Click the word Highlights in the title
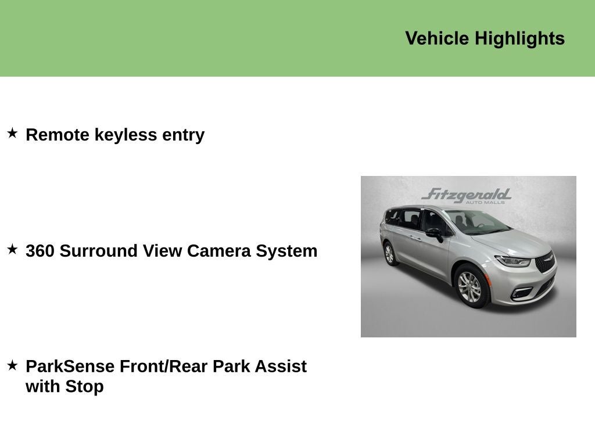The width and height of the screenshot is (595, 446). [519, 39]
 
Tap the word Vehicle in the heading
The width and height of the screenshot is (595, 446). [437, 38]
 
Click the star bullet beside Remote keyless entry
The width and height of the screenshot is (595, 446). [12, 134]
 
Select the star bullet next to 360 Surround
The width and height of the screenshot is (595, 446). [12, 250]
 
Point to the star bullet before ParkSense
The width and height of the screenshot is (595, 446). [12, 365]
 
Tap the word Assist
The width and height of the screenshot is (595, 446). [280, 366]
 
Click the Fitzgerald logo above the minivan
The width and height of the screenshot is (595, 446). [466, 195]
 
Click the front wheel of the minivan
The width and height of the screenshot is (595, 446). [469, 286]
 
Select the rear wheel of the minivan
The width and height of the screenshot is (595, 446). [389, 254]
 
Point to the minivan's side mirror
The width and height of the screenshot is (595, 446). [434, 233]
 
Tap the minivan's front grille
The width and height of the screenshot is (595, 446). [544, 262]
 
